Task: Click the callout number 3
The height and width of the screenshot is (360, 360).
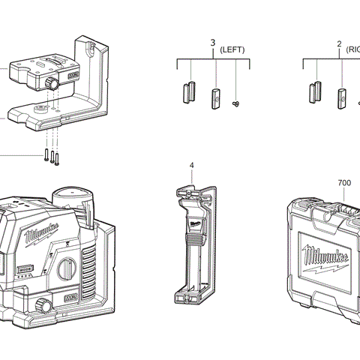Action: [212, 43]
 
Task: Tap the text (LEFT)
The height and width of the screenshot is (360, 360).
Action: [232, 49]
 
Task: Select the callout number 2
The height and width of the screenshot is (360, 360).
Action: [339, 43]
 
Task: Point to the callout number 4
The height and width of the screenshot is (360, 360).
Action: [191, 165]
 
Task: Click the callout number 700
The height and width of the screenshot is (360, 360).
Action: [344, 182]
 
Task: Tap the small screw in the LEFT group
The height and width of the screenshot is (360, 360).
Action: [237, 103]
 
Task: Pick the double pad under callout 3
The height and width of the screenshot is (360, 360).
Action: [187, 94]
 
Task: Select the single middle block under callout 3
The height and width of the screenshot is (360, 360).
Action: [215, 97]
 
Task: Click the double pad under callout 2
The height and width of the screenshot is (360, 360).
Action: [314, 93]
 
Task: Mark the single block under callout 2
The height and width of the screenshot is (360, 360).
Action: [341, 97]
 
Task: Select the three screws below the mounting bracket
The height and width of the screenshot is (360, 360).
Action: [52, 156]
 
